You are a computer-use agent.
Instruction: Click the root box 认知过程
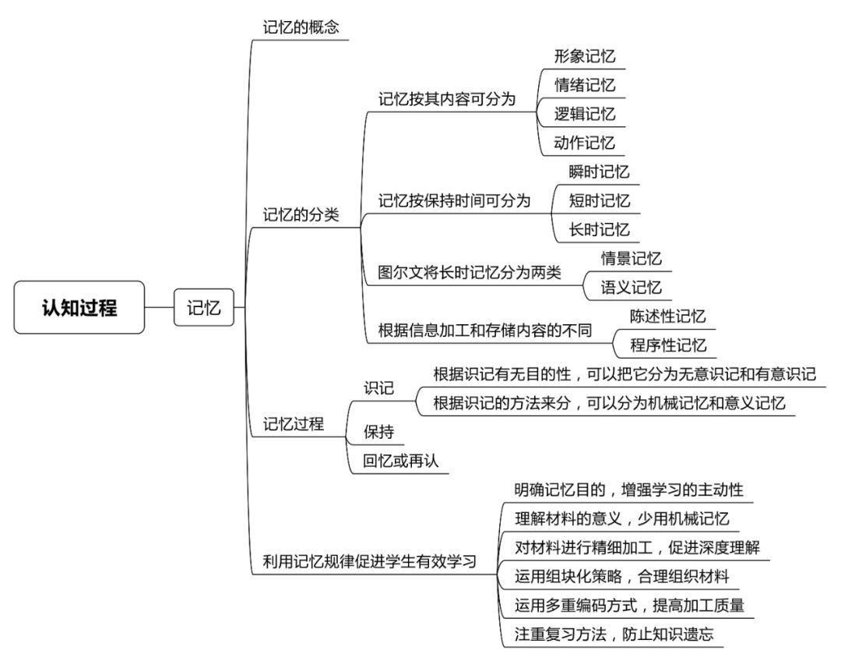[79, 307]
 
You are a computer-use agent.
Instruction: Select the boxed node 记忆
[204, 307]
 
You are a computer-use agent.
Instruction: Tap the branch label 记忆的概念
[301, 27]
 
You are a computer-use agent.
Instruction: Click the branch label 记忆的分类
[301, 215]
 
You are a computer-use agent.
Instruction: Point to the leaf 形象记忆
[585, 56]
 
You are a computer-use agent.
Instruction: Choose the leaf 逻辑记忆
[585, 114]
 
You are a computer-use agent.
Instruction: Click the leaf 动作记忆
[585, 143]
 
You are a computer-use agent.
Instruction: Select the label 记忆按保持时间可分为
[454, 200]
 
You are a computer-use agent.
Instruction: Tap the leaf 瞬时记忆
[599, 171]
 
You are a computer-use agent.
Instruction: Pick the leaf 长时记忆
[599, 230]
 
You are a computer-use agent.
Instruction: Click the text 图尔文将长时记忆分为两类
[470, 272]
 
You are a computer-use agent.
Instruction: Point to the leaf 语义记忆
[632, 288]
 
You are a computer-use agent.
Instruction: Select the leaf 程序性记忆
[668, 345]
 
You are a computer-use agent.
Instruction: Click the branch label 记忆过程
[294, 424]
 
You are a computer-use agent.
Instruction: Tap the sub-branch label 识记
[378, 387]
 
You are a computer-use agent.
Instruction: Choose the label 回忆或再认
[401, 461]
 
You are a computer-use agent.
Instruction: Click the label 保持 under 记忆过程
[378, 432]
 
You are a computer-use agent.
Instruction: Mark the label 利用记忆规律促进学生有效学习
[370, 562]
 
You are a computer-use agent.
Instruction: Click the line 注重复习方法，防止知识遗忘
[614, 634]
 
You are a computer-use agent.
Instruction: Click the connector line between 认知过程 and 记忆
[160, 308]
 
